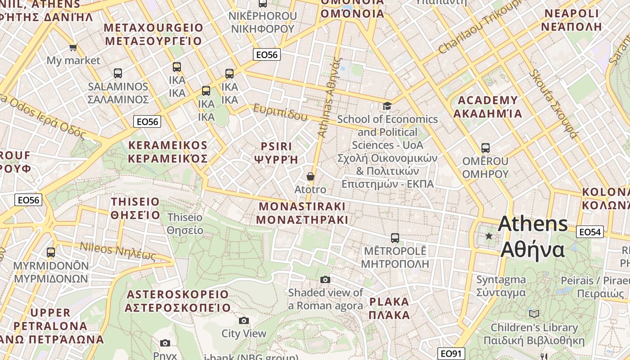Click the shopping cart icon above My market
[x=73, y=47]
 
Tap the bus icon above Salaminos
[x=118, y=73]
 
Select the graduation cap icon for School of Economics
[x=387, y=106]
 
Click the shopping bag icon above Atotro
[x=310, y=176]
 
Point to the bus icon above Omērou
[x=485, y=148]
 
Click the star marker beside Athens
[x=489, y=236]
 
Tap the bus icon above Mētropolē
[x=395, y=238]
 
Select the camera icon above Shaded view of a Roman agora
[x=325, y=280]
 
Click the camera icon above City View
[x=244, y=320]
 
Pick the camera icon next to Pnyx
[x=165, y=343]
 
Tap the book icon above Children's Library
[x=534, y=314]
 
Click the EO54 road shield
[x=589, y=232]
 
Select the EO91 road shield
[x=451, y=353]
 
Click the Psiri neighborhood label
[x=276, y=153]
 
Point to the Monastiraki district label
[x=302, y=213]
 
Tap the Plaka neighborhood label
[x=389, y=308]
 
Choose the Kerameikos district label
[x=168, y=152]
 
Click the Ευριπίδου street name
[x=280, y=112]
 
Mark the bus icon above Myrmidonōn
[x=51, y=252]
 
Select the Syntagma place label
[x=501, y=286]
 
